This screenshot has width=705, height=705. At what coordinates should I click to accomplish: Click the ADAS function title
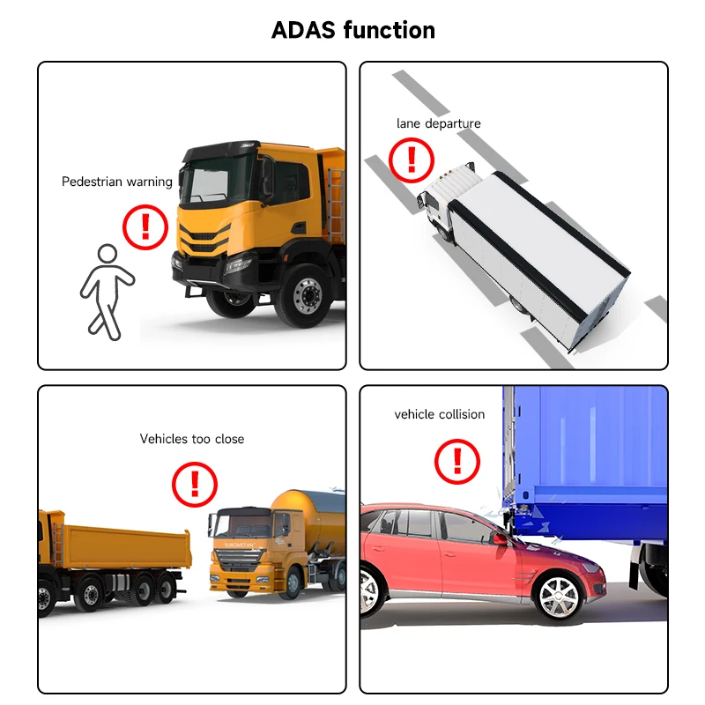[x=352, y=30]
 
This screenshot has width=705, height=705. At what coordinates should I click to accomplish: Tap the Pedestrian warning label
[x=117, y=182]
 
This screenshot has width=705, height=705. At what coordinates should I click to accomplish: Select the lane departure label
[x=438, y=123]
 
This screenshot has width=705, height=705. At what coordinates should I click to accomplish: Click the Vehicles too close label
[x=192, y=439]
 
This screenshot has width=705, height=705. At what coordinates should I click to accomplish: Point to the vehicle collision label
[x=439, y=414]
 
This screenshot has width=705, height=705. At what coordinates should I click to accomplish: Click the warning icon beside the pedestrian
[x=145, y=226]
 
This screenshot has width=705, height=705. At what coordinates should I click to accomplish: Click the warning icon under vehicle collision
[x=458, y=461]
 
